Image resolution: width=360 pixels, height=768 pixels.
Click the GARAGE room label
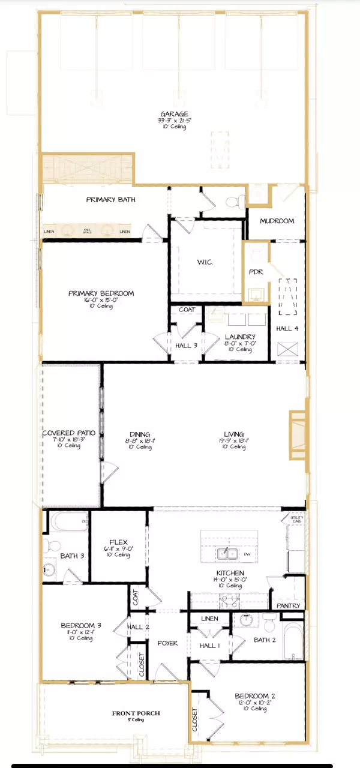[174, 114]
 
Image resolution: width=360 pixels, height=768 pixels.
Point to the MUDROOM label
[277, 221]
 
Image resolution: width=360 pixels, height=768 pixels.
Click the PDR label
[256, 272]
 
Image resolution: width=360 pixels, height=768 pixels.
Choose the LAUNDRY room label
[240, 337]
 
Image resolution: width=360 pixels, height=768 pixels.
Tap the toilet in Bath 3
[51, 546]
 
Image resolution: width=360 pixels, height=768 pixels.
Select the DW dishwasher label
[247, 554]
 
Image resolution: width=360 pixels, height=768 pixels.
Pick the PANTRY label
[289, 607]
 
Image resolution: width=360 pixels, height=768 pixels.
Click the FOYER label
[168, 643]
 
